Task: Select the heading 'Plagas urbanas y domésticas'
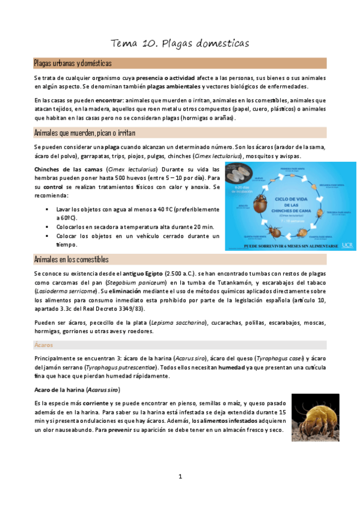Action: (72, 63)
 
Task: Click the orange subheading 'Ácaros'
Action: (43, 346)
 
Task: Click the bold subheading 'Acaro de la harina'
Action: (59, 390)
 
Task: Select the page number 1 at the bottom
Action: (180, 477)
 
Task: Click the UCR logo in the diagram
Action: (347, 245)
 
